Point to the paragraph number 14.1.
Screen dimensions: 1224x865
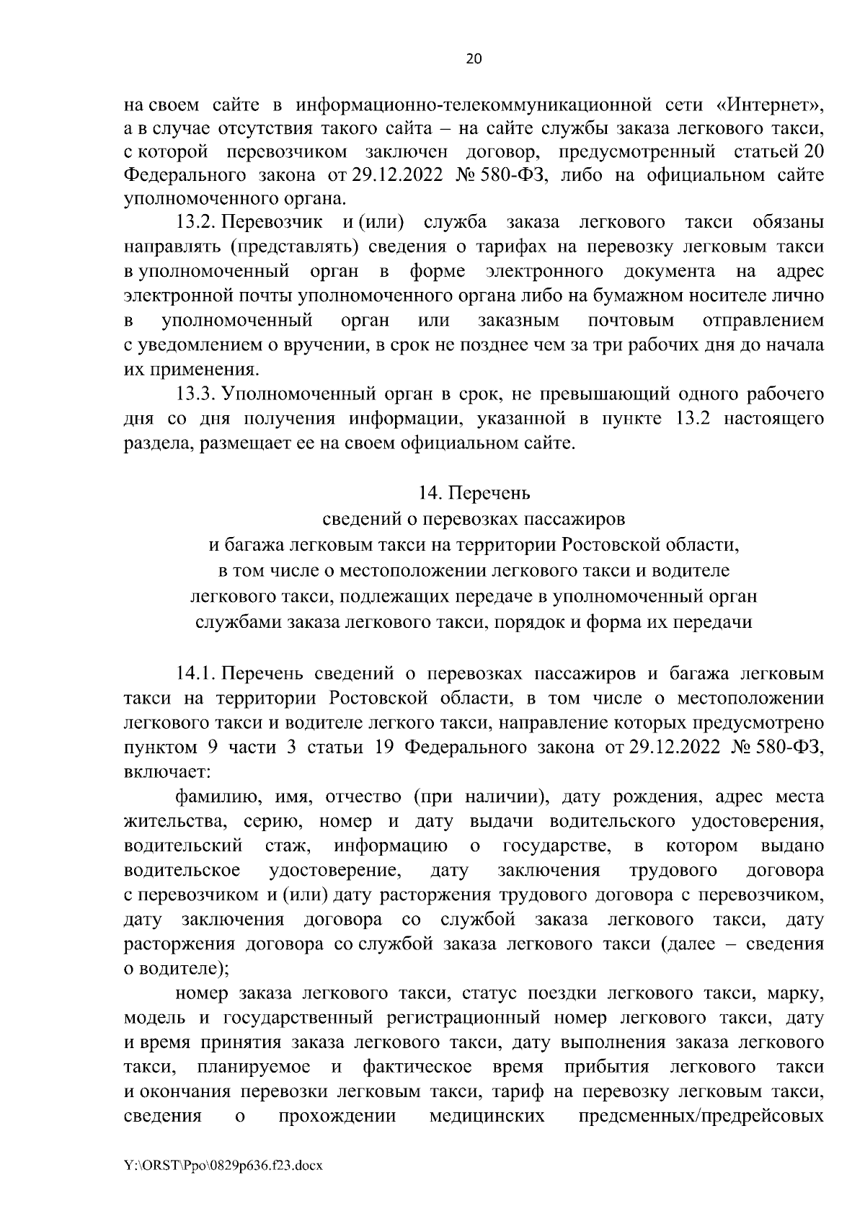point(197,674)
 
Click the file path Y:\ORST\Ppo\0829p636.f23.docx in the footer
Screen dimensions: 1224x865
point(224,1184)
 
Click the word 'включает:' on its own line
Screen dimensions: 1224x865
point(167,772)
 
